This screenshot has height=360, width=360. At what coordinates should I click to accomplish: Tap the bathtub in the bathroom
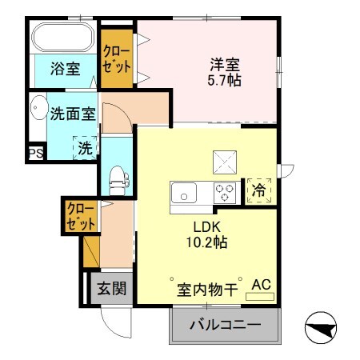click(62, 38)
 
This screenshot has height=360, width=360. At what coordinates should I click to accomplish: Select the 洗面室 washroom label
click(73, 113)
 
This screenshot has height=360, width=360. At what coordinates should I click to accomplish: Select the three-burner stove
click(224, 193)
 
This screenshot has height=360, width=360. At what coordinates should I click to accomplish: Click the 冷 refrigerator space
click(258, 190)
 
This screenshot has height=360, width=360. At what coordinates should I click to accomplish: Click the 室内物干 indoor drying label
click(206, 290)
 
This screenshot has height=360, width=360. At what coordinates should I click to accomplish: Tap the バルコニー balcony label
click(225, 326)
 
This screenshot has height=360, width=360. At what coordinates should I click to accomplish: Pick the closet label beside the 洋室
click(117, 58)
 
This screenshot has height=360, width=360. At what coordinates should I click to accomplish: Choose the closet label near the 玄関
click(81, 216)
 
